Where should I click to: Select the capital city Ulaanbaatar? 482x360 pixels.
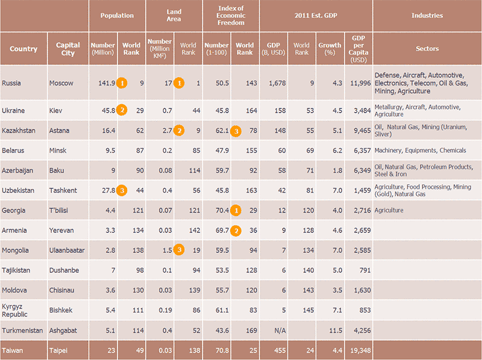tap(66, 250)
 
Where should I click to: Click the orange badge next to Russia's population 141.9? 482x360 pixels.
tap(122, 82)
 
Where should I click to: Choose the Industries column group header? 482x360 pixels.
tap(427, 16)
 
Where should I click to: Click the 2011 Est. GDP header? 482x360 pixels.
tap(316, 16)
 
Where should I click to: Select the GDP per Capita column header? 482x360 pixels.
tap(358, 49)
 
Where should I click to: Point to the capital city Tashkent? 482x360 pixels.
tap(64, 190)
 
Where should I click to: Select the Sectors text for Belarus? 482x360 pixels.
tap(411, 150)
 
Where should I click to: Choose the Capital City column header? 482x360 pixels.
tap(67, 49)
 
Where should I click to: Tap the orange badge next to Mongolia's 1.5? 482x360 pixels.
tap(179, 250)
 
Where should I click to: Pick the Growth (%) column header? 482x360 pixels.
tap(330, 49)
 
